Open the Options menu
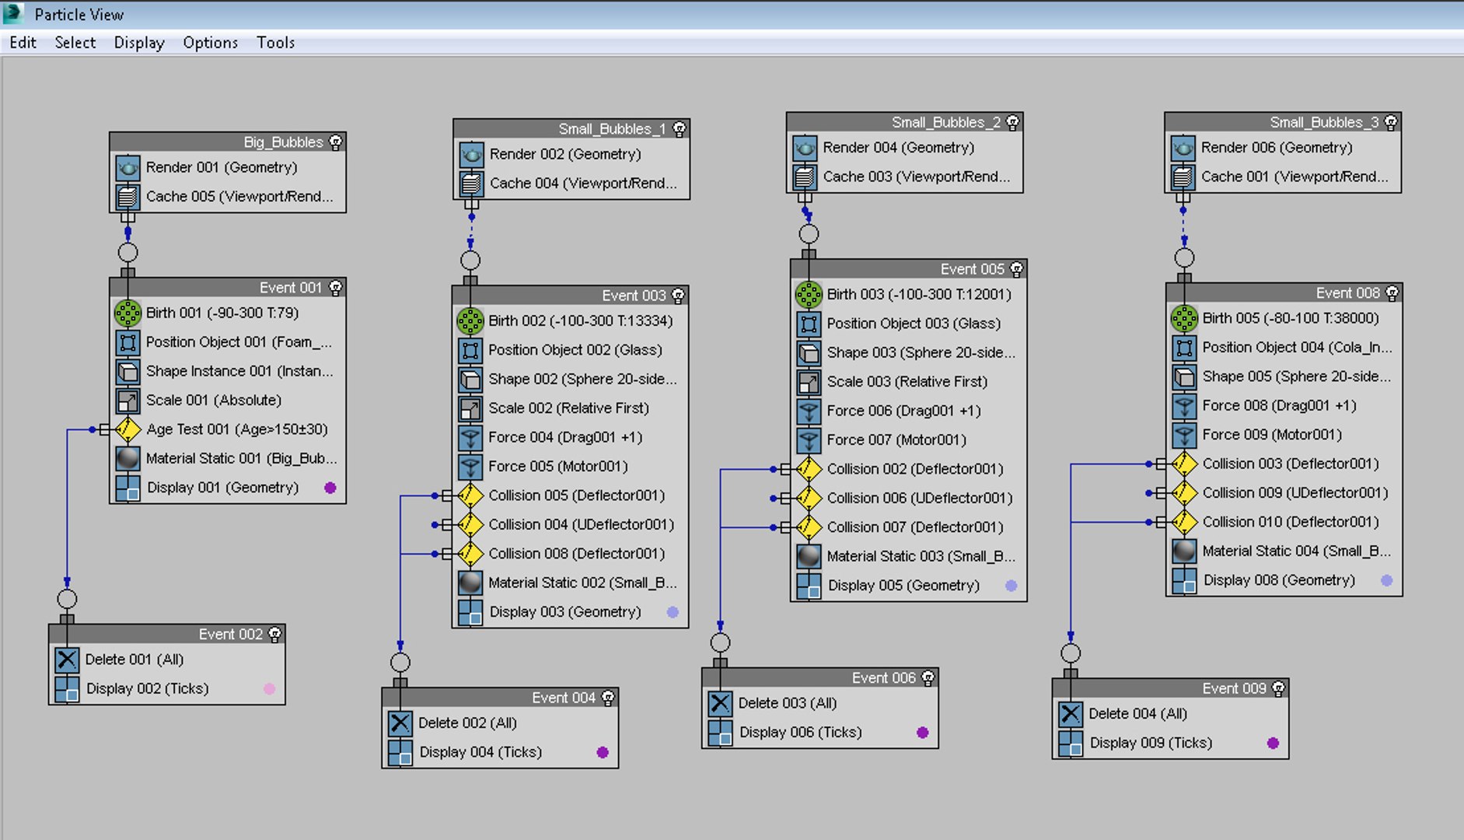(210, 43)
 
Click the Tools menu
(275, 43)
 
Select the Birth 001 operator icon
(128, 313)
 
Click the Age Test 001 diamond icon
(128, 429)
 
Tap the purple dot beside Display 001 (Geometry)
(330, 488)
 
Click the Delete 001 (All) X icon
(67, 660)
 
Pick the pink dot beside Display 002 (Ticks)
(269, 688)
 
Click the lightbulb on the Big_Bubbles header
(335, 142)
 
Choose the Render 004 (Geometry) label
(898, 147)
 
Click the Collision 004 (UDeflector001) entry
(581, 524)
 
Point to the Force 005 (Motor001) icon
(470, 467)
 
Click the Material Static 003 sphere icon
(809, 556)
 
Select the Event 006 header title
(883, 678)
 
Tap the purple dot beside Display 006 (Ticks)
(922, 732)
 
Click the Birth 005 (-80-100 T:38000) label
(1290, 318)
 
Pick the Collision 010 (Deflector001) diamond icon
(1184, 522)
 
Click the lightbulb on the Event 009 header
(1278, 688)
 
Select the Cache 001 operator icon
(1183, 177)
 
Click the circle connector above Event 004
(400, 662)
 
